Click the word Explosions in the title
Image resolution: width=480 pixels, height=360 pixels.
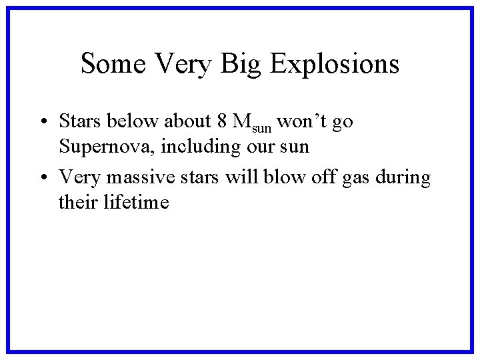click(335, 64)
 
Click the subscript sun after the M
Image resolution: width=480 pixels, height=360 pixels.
click(262, 127)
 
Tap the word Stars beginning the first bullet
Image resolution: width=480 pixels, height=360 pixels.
click(79, 121)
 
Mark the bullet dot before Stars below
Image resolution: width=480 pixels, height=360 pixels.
click(41, 122)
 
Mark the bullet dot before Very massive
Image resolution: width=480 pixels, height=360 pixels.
click(41, 178)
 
